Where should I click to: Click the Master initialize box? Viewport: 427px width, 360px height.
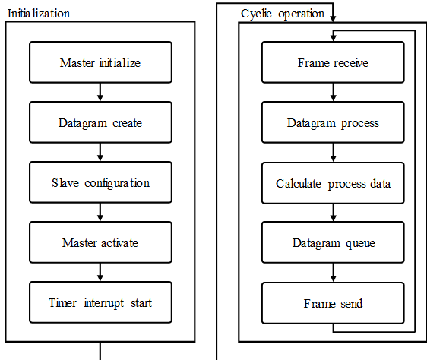(100, 62)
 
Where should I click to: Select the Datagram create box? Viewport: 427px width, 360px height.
(100, 122)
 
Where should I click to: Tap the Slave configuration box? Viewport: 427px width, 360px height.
(100, 182)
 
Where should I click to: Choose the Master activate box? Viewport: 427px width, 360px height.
(100, 242)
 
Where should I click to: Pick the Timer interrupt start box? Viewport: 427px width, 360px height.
(100, 302)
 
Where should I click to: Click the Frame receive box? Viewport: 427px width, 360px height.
(333, 62)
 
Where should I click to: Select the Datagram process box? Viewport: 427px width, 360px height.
(333, 122)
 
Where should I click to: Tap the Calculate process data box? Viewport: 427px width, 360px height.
(333, 183)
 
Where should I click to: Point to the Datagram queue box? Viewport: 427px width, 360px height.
(333, 242)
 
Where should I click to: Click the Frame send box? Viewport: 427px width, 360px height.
(333, 303)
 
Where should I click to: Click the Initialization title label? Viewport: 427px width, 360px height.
(39, 14)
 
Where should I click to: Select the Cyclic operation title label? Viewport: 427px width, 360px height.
(283, 14)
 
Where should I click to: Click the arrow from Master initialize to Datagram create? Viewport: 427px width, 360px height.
(100, 92)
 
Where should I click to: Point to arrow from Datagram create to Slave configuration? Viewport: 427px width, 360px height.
(100, 152)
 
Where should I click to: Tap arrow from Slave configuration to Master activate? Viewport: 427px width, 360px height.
(100, 212)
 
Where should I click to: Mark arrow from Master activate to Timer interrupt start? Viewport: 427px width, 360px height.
(100, 273)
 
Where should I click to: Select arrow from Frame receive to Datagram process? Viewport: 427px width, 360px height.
(333, 92)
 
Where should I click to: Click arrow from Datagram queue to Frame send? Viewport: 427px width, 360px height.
(333, 273)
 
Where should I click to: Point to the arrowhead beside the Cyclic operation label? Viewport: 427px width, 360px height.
(333, 19)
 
